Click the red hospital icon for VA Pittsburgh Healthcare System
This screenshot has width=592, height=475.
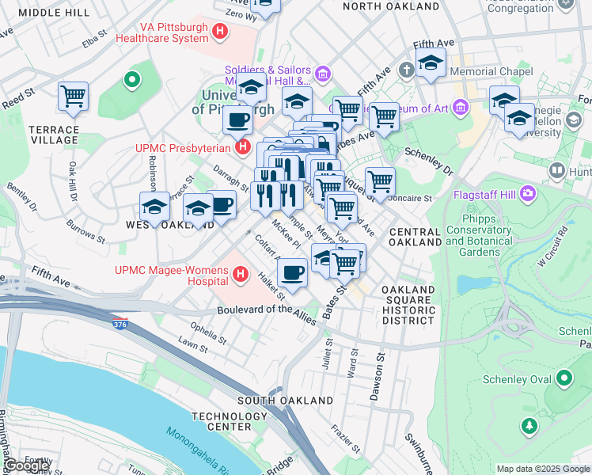pyautogui.click(x=221, y=32)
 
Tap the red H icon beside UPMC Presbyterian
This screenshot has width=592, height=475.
pyautogui.click(x=244, y=147)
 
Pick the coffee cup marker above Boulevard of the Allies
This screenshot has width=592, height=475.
pyautogui.click(x=293, y=273)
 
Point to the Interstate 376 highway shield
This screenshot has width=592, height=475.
pyautogui.click(x=120, y=322)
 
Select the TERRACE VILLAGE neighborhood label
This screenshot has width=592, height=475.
pyautogui.click(x=54, y=135)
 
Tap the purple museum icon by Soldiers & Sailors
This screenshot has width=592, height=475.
pyautogui.click(x=322, y=75)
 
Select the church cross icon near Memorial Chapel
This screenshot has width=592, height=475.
pyautogui.click(x=407, y=70)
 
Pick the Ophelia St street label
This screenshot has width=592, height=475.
pyautogui.click(x=207, y=328)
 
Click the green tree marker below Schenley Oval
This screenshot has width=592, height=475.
pyautogui.click(x=529, y=426)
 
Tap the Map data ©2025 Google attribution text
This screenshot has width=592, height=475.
pyautogui.click(x=542, y=469)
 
